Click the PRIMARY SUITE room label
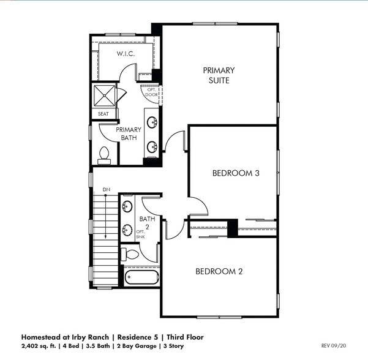[219, 75]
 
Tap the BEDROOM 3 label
[236, 173]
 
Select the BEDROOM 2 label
[219, 271]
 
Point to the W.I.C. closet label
[126, 54]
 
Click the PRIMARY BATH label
[129, 133]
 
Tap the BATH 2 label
[147, 222]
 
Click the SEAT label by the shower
[103, 114]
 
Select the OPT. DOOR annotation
[152, 93]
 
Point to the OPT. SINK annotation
[140, 234]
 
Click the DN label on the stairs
[106, 190]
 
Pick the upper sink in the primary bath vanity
[151, 120]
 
